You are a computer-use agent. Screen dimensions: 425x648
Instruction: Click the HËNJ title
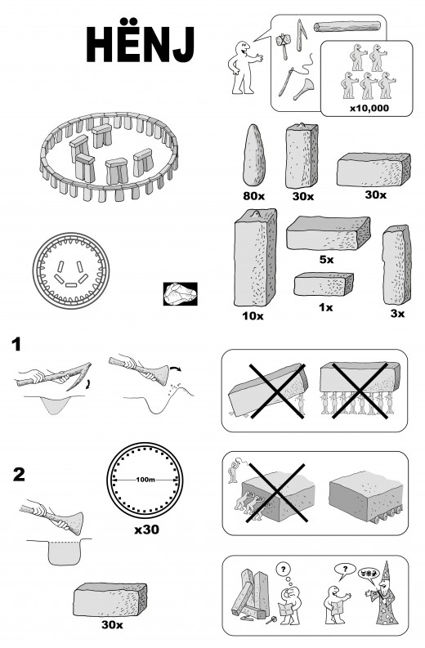tap(140, 44)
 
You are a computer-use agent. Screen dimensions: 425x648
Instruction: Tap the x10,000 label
tap(369, 109)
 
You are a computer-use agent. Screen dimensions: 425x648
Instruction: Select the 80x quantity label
tap(253, 196)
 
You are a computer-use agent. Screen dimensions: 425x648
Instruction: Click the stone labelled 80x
tap(253, 155)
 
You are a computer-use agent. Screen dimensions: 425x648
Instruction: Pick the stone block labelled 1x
tap(324, 284)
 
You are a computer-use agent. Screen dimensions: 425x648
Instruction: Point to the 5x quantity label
tap(326, 260)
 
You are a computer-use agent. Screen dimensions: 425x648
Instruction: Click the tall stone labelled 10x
tap(255, 257)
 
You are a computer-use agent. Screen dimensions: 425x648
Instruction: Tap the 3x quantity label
tap(397, 314)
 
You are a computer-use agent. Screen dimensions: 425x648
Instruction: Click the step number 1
tap(16, 344)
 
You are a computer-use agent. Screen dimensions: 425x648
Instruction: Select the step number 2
tap(19, 475)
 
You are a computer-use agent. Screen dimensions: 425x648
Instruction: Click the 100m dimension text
tap(145, 480)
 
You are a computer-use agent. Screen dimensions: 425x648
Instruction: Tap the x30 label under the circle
tap(147, 530)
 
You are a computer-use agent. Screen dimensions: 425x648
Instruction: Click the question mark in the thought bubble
tap(283, 570)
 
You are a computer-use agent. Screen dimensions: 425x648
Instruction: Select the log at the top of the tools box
tap(347, 27)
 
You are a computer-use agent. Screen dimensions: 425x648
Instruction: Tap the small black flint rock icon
tap(180, 294)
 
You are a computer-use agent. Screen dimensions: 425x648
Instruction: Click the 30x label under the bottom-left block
tap(112, 624)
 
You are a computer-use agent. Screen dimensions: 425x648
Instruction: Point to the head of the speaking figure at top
tap(241, 48)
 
